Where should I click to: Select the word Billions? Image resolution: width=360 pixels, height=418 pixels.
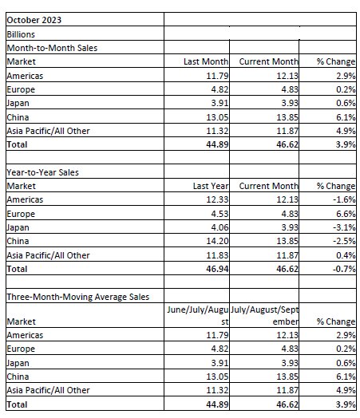[21, 34]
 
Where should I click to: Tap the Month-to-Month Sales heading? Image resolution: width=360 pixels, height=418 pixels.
[52, 48]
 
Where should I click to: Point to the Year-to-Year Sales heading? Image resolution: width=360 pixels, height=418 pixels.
[42, 172]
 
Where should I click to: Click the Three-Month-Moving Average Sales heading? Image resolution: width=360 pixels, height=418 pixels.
[78, 297]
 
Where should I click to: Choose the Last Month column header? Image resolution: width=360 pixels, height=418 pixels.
[206, 61]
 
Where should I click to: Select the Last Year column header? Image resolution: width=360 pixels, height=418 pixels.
[211, 186]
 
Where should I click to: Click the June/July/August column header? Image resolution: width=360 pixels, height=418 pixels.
[198, 316]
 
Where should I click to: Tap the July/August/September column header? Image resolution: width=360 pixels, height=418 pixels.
[264, 316]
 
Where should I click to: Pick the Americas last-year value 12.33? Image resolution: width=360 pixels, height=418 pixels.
[217, 199]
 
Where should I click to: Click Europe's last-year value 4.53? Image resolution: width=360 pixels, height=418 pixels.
[220, 214]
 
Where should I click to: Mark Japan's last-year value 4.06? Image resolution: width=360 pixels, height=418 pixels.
[220, 227]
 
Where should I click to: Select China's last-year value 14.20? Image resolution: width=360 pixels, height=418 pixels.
[217, 241]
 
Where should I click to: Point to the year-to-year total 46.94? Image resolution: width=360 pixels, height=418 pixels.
[217, 269]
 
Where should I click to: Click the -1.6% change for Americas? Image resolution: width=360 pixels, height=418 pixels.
[344, 199]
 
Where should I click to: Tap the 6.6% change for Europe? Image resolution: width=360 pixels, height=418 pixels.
[346, 214]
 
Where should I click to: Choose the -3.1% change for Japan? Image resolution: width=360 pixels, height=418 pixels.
[344, 227]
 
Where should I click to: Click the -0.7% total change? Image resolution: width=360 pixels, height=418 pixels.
[344, 269]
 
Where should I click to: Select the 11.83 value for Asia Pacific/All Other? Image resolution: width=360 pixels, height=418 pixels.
[217, 255]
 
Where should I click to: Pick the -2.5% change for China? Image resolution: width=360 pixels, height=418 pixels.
[344, 241]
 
